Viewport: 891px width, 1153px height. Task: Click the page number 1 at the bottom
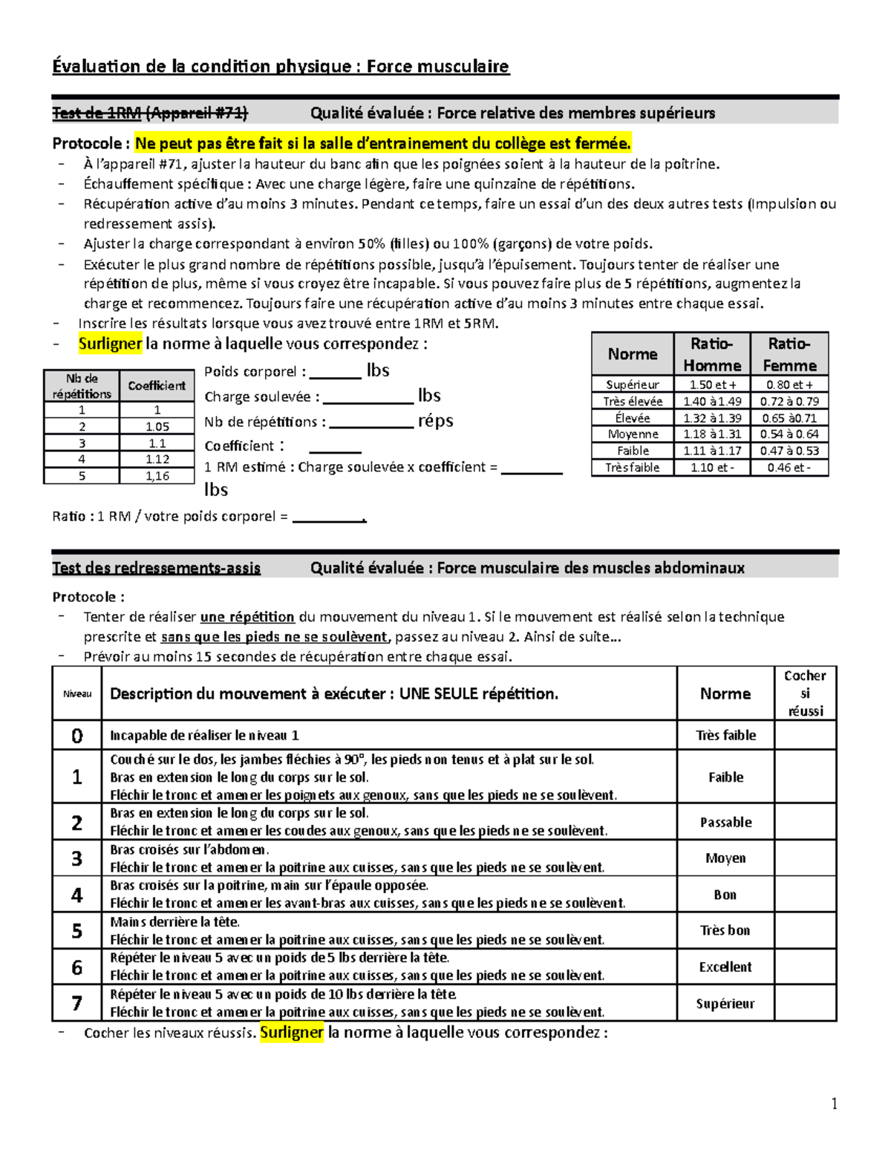tap(835, 1104)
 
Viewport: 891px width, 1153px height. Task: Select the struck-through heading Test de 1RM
tap(150, 113)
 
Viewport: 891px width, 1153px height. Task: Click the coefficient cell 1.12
tap(157, 460)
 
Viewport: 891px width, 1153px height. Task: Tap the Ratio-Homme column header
tap(712, 354)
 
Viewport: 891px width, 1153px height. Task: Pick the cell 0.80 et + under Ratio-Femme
tap(789, 385)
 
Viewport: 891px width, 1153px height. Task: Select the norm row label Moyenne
tap(633, 434)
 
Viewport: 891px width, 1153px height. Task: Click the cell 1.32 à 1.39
tap(712, 418)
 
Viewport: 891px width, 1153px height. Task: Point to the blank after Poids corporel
tap(335, 373)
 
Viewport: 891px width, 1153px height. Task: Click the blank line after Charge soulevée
tap(368, 399)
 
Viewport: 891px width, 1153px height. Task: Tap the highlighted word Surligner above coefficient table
tap(110, 344)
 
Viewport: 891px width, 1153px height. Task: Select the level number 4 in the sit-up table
tap(76, 895)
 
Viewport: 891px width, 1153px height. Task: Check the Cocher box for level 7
tap(805, 1003)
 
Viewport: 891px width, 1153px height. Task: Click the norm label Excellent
tap(725, 967)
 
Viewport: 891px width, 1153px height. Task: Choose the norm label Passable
tap(725, 823)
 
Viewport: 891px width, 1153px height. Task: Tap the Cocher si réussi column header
tap(805, 693)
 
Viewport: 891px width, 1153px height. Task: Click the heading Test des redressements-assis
tap(156, 568)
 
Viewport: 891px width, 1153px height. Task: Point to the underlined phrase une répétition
tap(247, 617)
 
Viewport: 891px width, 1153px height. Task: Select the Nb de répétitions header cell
tap(82, 386)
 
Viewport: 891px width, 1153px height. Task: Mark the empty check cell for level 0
tap(805, 735)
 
